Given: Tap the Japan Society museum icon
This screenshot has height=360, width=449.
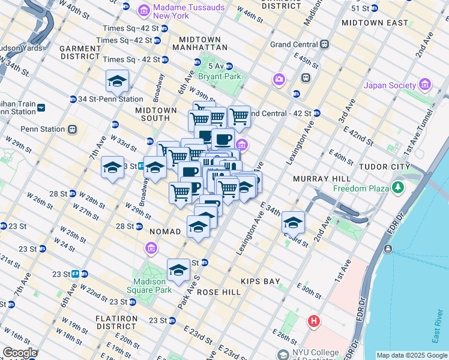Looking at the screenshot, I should click(426, 85).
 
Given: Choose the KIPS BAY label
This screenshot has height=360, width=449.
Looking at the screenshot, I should click(260, 281).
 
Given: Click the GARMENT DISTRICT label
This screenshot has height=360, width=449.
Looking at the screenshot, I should click(80, 50).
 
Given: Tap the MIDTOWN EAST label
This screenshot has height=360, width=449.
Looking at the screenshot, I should click(366, 22).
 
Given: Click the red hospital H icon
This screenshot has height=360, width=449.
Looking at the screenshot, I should click(313, 322).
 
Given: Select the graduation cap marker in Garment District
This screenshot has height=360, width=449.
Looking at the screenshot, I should click(118, 80).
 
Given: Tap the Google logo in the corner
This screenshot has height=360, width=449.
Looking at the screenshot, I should click(20, 353).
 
